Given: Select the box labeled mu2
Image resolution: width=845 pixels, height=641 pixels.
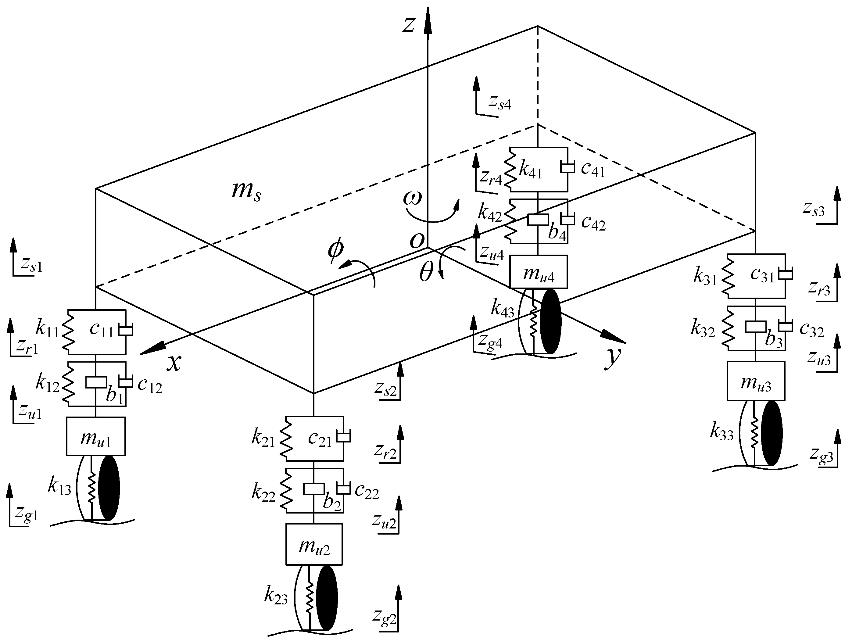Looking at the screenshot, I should point(314,544).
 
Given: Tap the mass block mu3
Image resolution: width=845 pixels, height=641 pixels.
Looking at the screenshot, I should point(756,381).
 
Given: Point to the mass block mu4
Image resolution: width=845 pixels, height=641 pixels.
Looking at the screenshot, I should point(538,272).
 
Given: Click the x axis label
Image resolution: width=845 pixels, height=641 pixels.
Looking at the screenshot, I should point(174,362).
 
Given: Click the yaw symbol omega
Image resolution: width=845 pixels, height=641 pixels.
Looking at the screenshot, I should point(413,198).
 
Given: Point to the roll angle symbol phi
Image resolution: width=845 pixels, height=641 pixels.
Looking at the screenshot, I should point(335,251).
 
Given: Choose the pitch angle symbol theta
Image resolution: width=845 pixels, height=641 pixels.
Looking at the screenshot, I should point(426,274).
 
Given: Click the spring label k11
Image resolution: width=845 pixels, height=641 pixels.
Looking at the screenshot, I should point(47,329).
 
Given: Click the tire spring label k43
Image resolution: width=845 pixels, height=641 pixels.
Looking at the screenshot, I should point(502,308).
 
